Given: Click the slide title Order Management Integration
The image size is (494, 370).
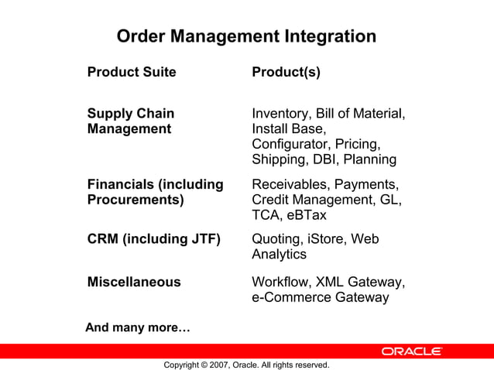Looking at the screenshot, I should click(x=246, y=36).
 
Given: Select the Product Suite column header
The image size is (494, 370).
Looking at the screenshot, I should click(x=132, y=73).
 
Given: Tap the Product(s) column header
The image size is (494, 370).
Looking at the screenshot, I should click(x=286, y=73).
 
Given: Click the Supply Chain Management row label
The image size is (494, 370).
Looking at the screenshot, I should click(x=130, y=122).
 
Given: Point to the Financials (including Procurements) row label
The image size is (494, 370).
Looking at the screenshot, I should click(x=155, y=192).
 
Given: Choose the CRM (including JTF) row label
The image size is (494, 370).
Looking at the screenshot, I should click(x=154, y=239).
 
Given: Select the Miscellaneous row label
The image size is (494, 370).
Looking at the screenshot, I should click(x=134, y=282).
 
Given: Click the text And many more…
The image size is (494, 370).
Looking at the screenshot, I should click(x=138, y=327).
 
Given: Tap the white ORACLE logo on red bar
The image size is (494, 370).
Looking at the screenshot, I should click(x=411, y=351).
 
